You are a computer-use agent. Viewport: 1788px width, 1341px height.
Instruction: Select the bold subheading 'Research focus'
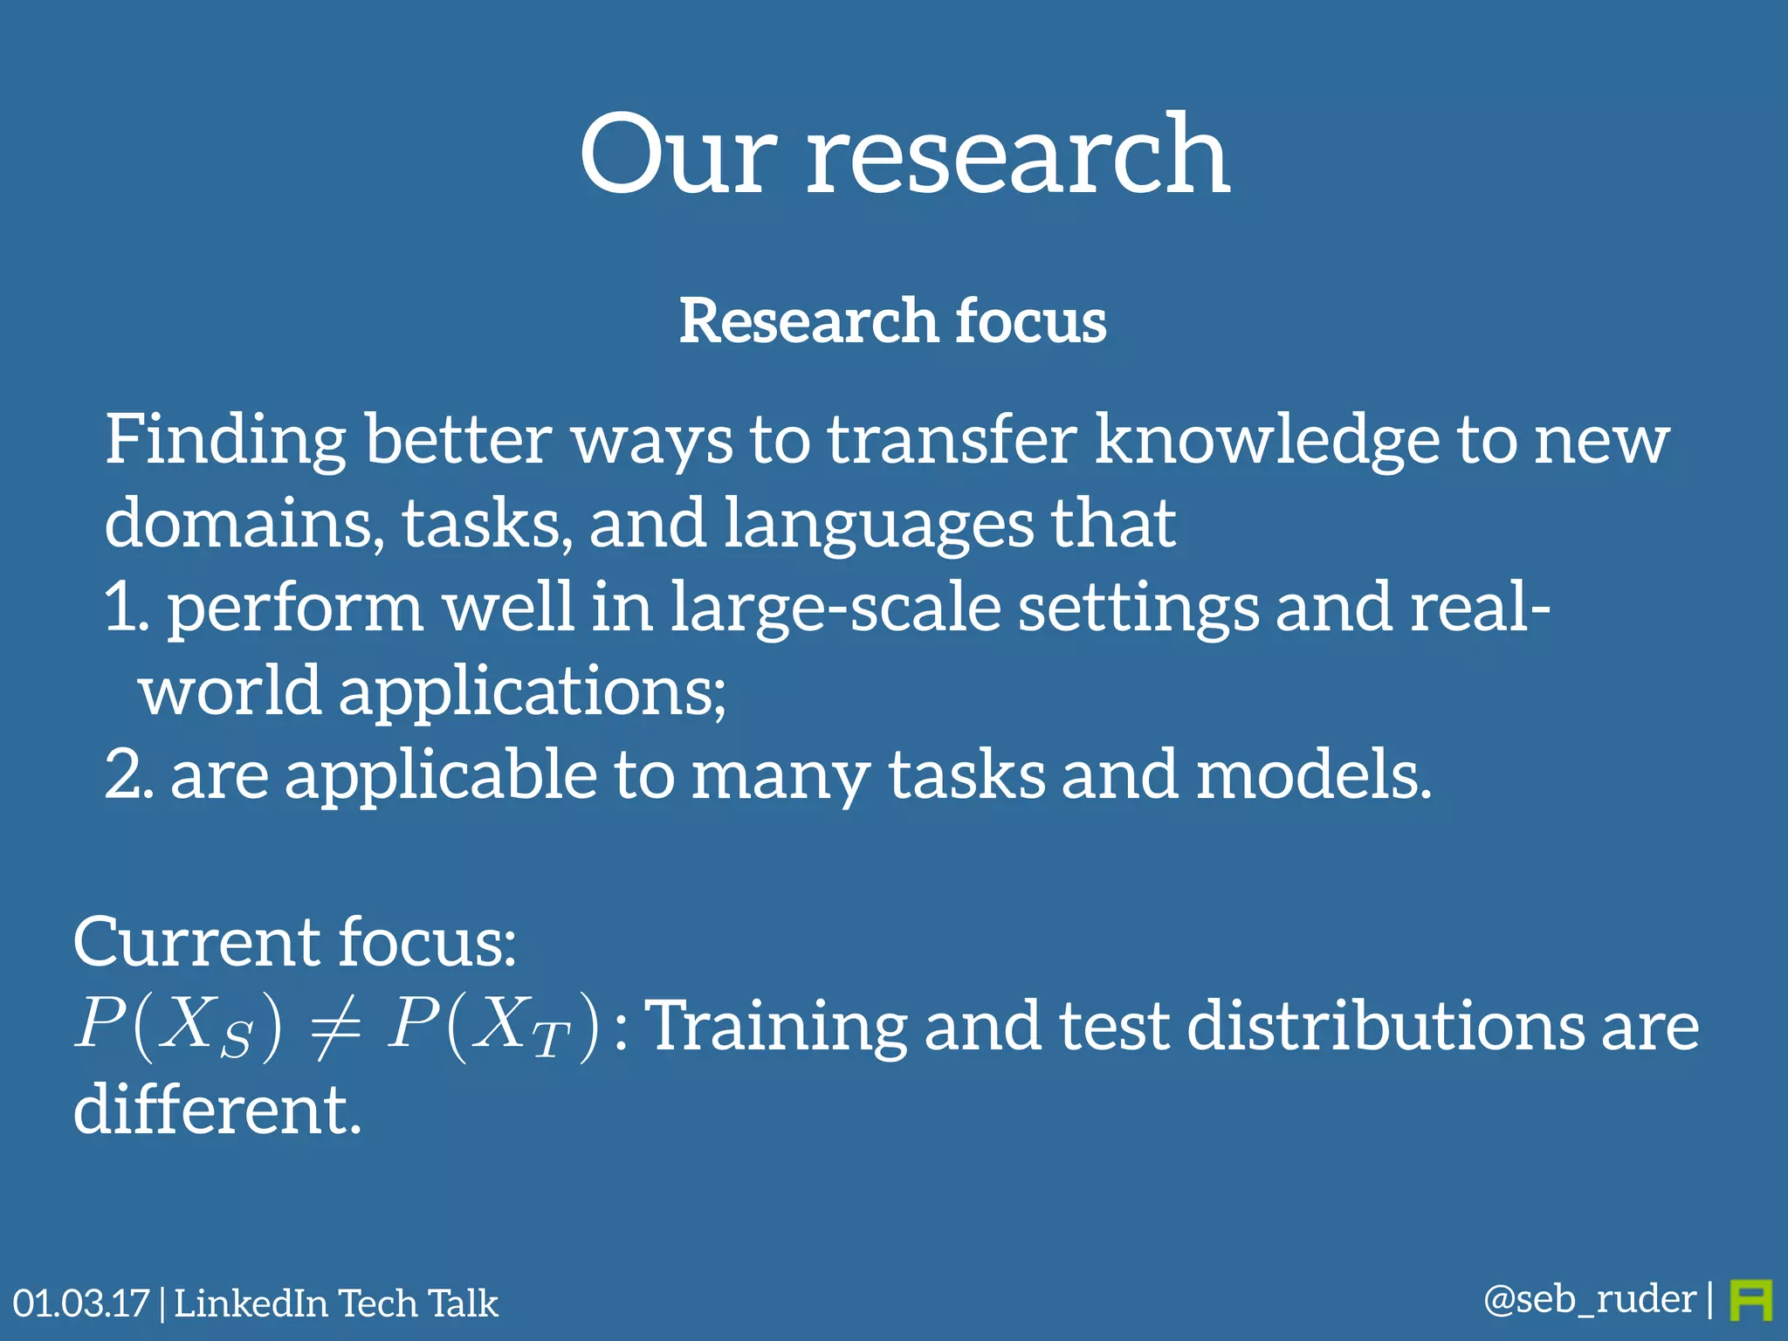point(893,320)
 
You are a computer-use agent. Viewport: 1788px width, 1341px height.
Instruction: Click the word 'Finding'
point(225,441)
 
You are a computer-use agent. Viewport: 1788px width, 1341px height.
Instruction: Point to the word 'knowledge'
point(1266,439)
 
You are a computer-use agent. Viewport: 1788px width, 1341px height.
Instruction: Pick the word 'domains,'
point(244,523)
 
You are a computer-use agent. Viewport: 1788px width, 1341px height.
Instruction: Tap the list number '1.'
point(127,607)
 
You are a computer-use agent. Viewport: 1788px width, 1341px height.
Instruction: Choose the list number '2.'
point(129,774)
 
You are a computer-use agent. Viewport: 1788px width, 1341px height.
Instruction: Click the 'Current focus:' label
point(295,943)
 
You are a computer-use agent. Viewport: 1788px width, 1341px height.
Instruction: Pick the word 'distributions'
point(1385,1026)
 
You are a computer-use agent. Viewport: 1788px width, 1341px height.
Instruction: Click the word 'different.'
point(217,1110)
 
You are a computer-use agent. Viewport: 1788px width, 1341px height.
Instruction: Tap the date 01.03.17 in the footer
point(81,1303)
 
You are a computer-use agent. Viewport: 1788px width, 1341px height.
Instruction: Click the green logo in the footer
point(1750,1301)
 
